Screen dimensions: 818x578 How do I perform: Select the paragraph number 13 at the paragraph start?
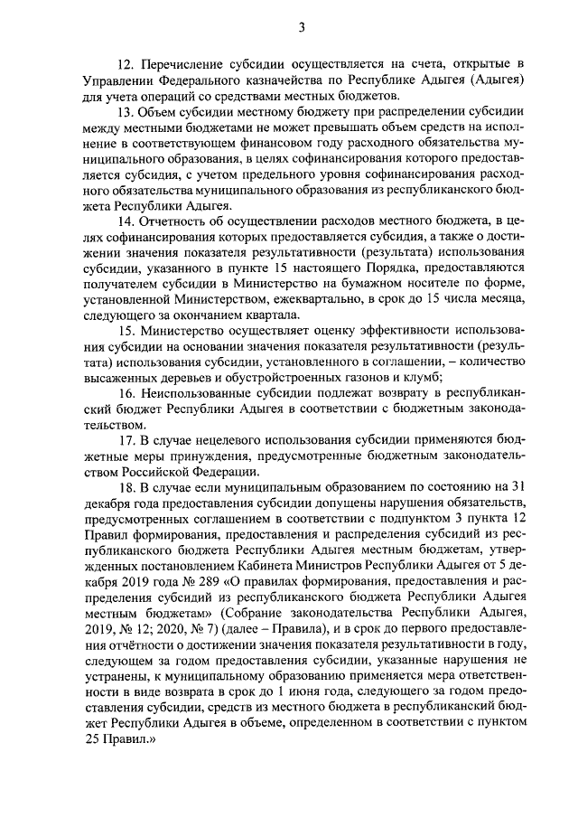tap(124, 113)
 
